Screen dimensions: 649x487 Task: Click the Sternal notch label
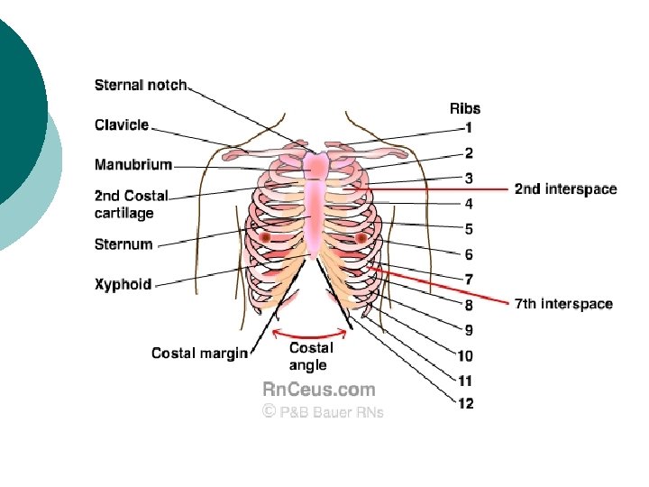tap(141, 86)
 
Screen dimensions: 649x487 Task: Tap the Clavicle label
tap(122, 125)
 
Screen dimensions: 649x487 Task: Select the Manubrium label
tap(133, 165)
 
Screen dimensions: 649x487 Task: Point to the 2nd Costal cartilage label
tap(132, 205)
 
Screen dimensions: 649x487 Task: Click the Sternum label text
tap(123, 244)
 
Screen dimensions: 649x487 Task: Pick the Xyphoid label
tap(123, 284)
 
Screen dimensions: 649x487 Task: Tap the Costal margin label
tap(199, 354)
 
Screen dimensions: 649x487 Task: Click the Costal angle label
tap(311, 356)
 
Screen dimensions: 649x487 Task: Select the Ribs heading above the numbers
tap(465, 109)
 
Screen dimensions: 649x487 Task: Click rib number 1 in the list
tap(468, 128)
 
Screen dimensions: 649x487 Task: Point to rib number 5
tap(469, 229)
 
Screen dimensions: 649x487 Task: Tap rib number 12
tap(465, 404)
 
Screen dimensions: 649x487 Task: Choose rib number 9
tap(469, 330)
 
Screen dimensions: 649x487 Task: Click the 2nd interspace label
tap(565, 189)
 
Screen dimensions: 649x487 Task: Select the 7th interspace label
tap(563, 304)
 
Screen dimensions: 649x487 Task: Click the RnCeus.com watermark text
tap(318, 390)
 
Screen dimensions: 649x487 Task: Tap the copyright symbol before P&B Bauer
tap(268, 411)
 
